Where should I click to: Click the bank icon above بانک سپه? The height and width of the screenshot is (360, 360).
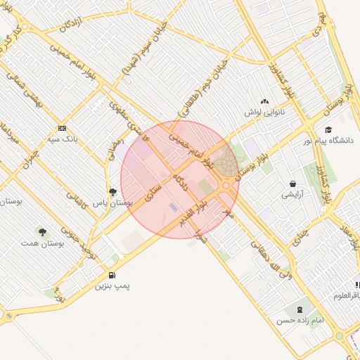pyautogui.click(x=62, y=128)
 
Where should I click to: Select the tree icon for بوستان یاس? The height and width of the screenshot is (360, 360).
pyautogui.click(x=112, y=191)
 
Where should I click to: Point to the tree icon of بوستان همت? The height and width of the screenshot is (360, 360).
pyautogui.click(x=42, y=231)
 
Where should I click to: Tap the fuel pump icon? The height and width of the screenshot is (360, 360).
pyautogui.click(x=112, y=274)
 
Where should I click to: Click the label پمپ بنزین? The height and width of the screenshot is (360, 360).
pyautogui.click(x=113, y=286)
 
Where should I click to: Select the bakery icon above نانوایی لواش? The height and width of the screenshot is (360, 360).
pyautogui.click(x=264, y=102)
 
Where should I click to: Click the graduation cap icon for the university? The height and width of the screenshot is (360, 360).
pyautogui.click(x=328, y=129)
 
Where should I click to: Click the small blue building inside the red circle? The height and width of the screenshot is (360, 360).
pyautogui.click(x=174, y=207)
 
